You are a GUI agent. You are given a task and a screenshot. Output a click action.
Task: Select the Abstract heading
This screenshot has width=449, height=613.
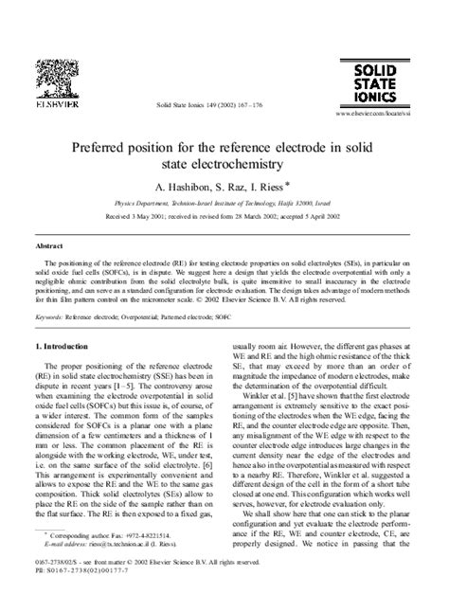tap(51, 243)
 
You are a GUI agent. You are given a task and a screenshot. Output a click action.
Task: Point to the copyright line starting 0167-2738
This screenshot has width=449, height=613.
tap(166, 587)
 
